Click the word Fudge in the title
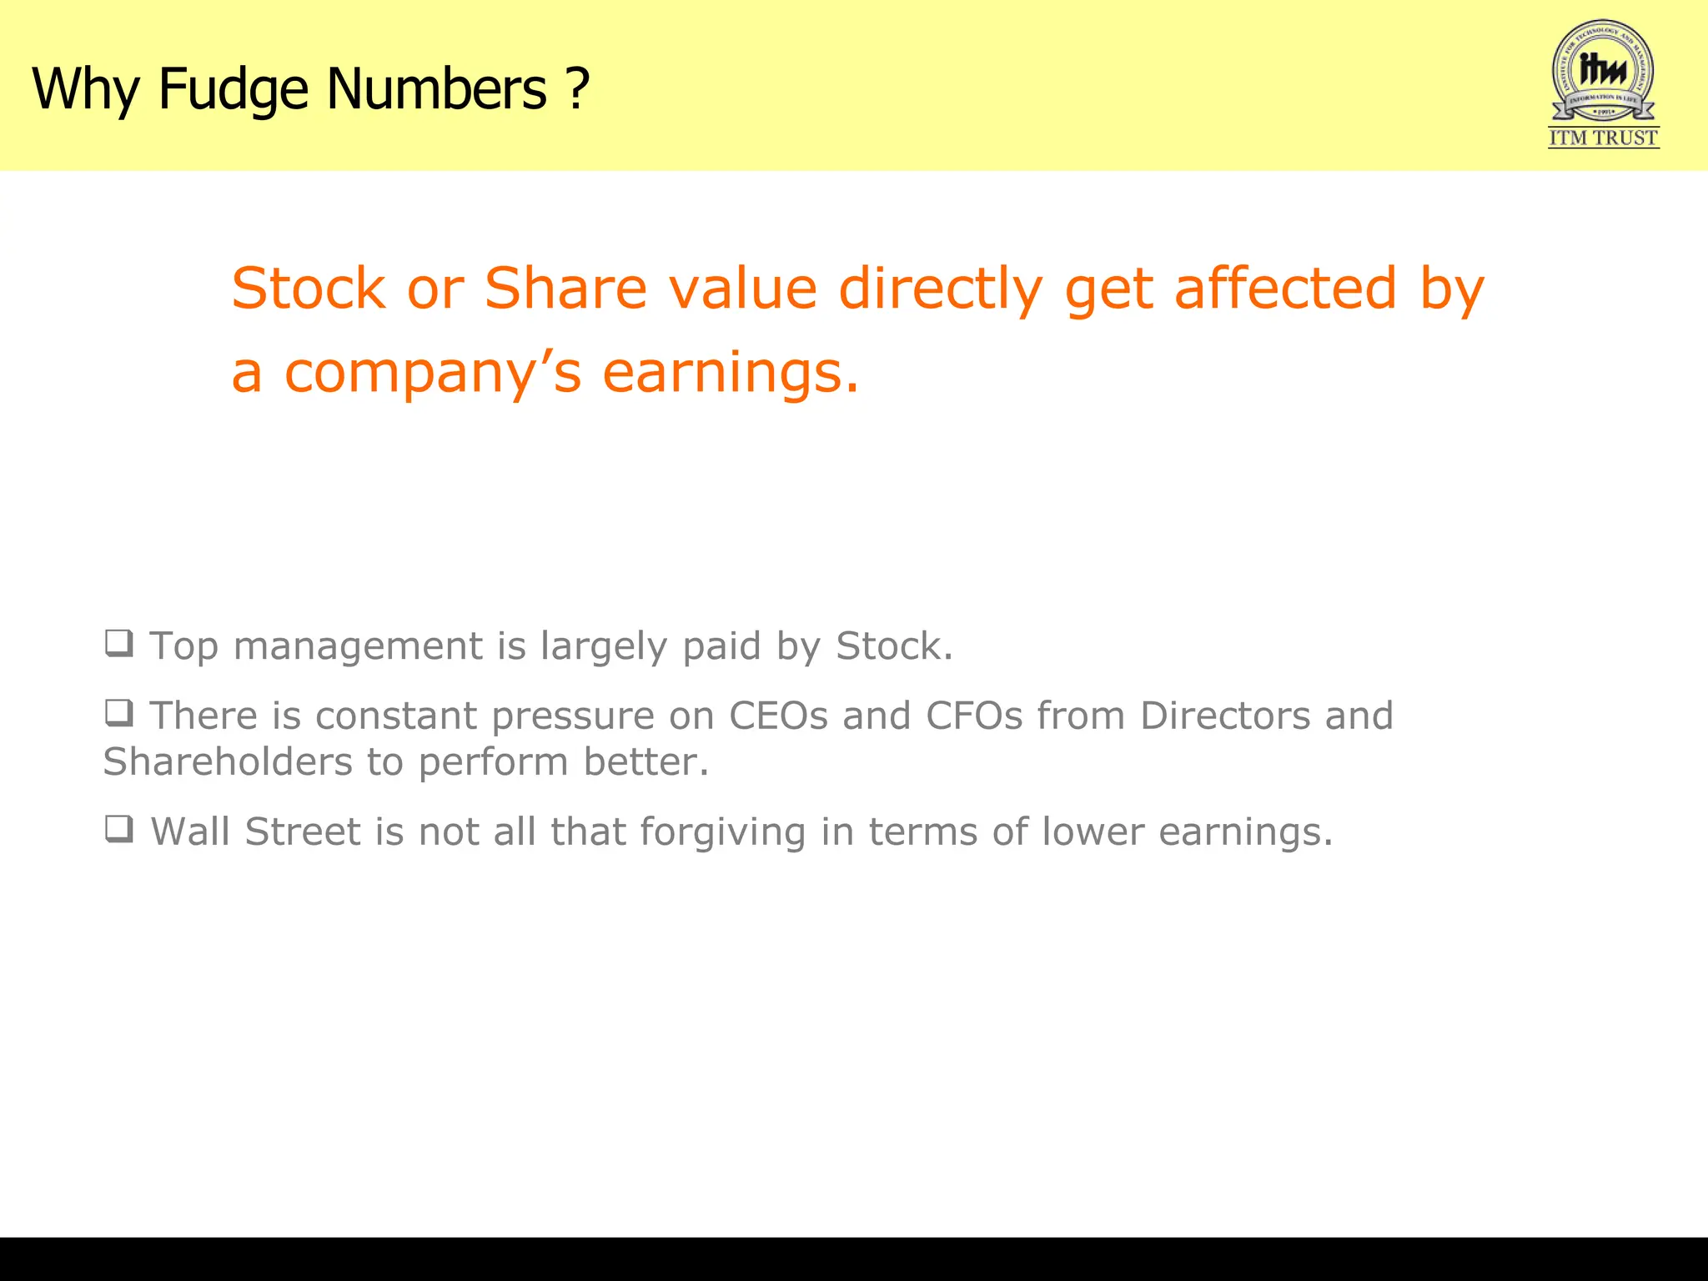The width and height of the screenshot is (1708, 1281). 234,88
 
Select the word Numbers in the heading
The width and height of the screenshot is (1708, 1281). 436,88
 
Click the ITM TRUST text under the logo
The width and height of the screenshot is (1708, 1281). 1603,138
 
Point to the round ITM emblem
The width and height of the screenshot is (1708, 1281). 1603,70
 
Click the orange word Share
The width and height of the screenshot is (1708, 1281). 565,289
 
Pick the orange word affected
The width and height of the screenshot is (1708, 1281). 1285,289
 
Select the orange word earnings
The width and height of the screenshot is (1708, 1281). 730,373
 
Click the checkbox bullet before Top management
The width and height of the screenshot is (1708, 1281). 118,643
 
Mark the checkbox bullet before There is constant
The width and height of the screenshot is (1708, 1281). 118,713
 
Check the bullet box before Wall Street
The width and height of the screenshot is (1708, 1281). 118,829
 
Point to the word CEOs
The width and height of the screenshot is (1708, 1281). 778,716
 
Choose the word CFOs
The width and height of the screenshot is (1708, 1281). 974,716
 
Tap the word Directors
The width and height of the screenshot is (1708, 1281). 1225,716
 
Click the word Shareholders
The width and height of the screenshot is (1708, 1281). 228,762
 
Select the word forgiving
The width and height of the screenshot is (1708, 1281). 722,832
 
